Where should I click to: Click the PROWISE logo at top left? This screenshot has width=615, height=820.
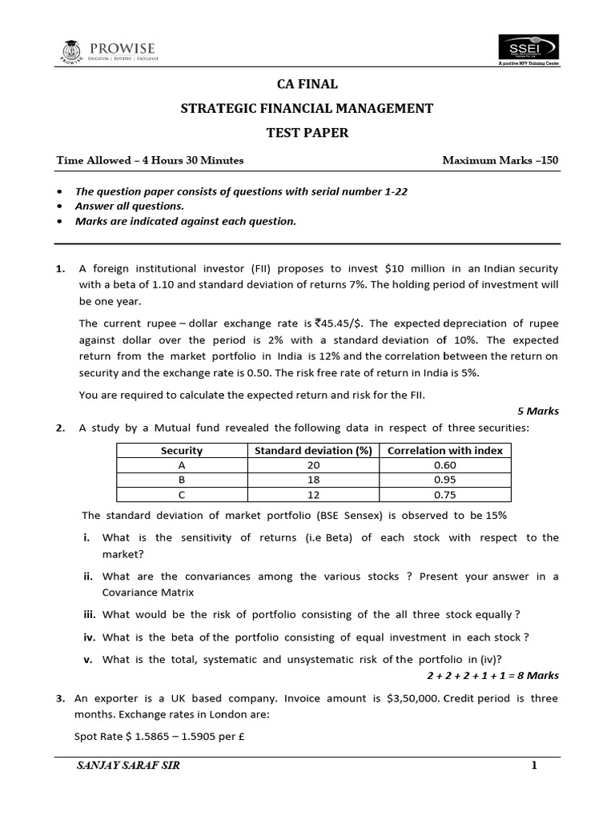click(x=109, y=50)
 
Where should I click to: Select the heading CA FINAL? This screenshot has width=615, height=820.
click(x=307, y=84)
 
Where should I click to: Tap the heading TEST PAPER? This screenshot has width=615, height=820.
click(x=307, y=133)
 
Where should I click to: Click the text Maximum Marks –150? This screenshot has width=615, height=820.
click(x=500, y=160)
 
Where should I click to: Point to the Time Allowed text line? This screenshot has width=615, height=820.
click(x=150, y=160)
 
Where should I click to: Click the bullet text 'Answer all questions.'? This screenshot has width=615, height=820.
click(x=129, y=207)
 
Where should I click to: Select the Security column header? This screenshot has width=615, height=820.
click(x=182, y=450)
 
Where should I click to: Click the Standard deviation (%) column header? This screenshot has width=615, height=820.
click(x=313, y=450)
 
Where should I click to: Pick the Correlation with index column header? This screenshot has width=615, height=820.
click(x=444, y=450)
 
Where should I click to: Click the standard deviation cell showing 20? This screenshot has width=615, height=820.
click(x=313, y=465)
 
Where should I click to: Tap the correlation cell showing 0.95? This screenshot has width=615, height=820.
click(x=444, y=480)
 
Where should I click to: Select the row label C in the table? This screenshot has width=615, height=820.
click(x=182, y=494)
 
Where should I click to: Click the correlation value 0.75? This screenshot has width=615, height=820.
click(x=444, y=494)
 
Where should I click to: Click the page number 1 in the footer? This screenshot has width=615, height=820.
click(x=533, y=766)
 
